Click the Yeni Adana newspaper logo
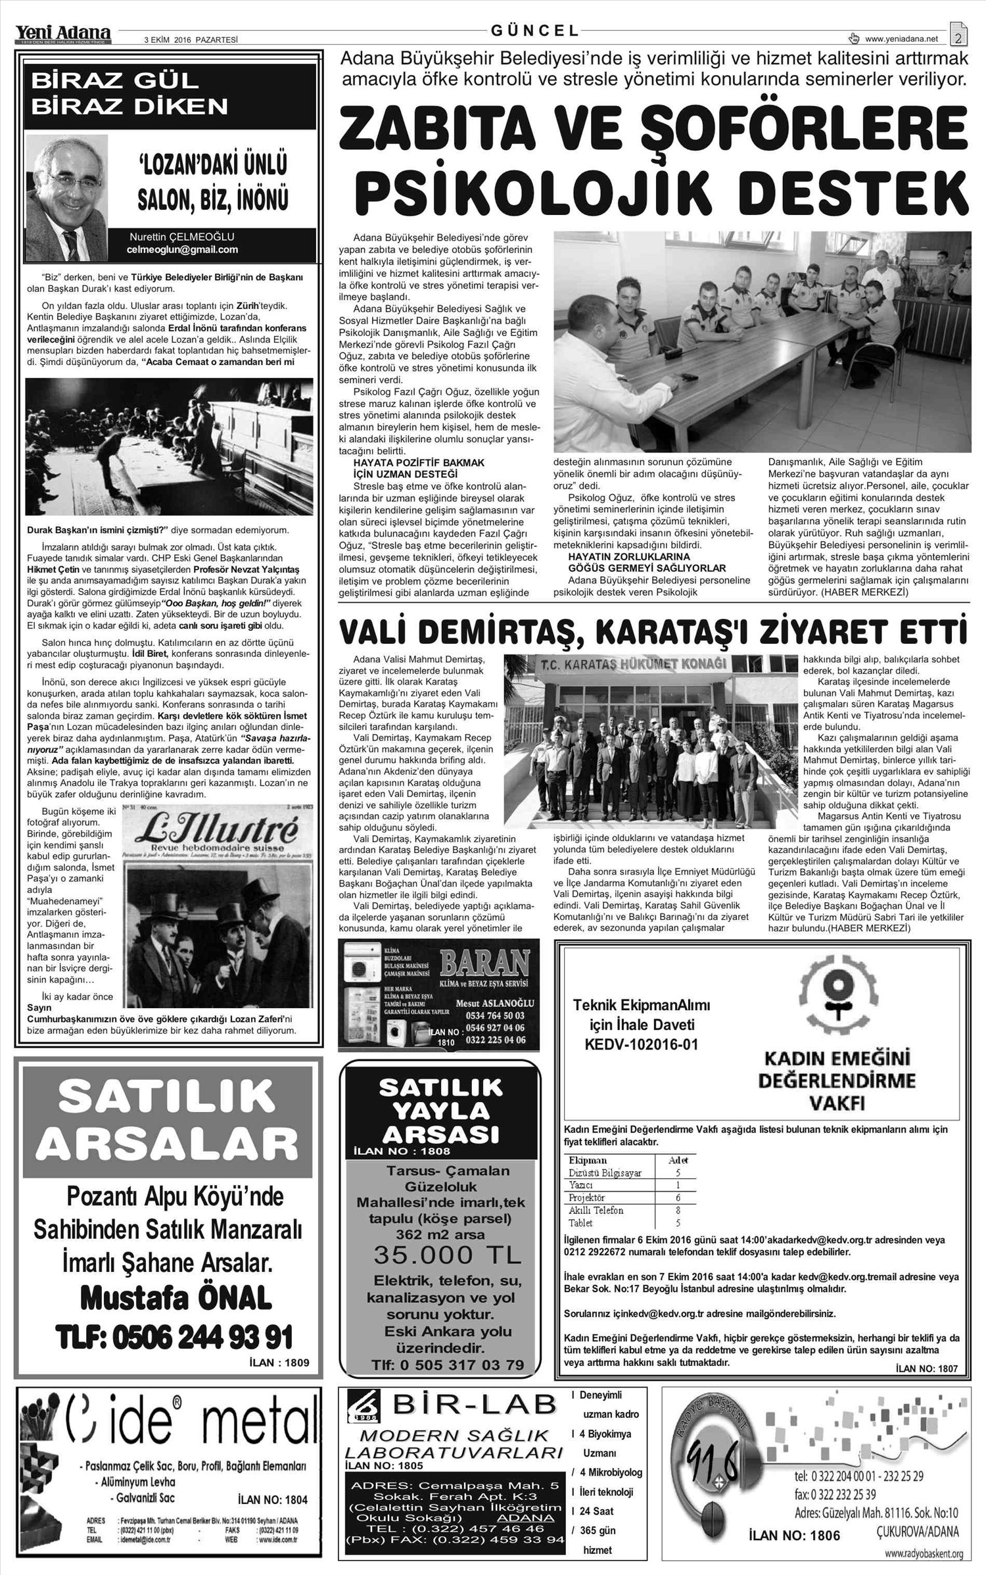click(64, 32)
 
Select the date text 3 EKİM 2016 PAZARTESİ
click(190, 39)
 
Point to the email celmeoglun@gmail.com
click(182, 250)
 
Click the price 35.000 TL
click(447, 1255)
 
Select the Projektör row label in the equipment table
click(586, 1198)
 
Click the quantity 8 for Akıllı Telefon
click(678, 1210)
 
